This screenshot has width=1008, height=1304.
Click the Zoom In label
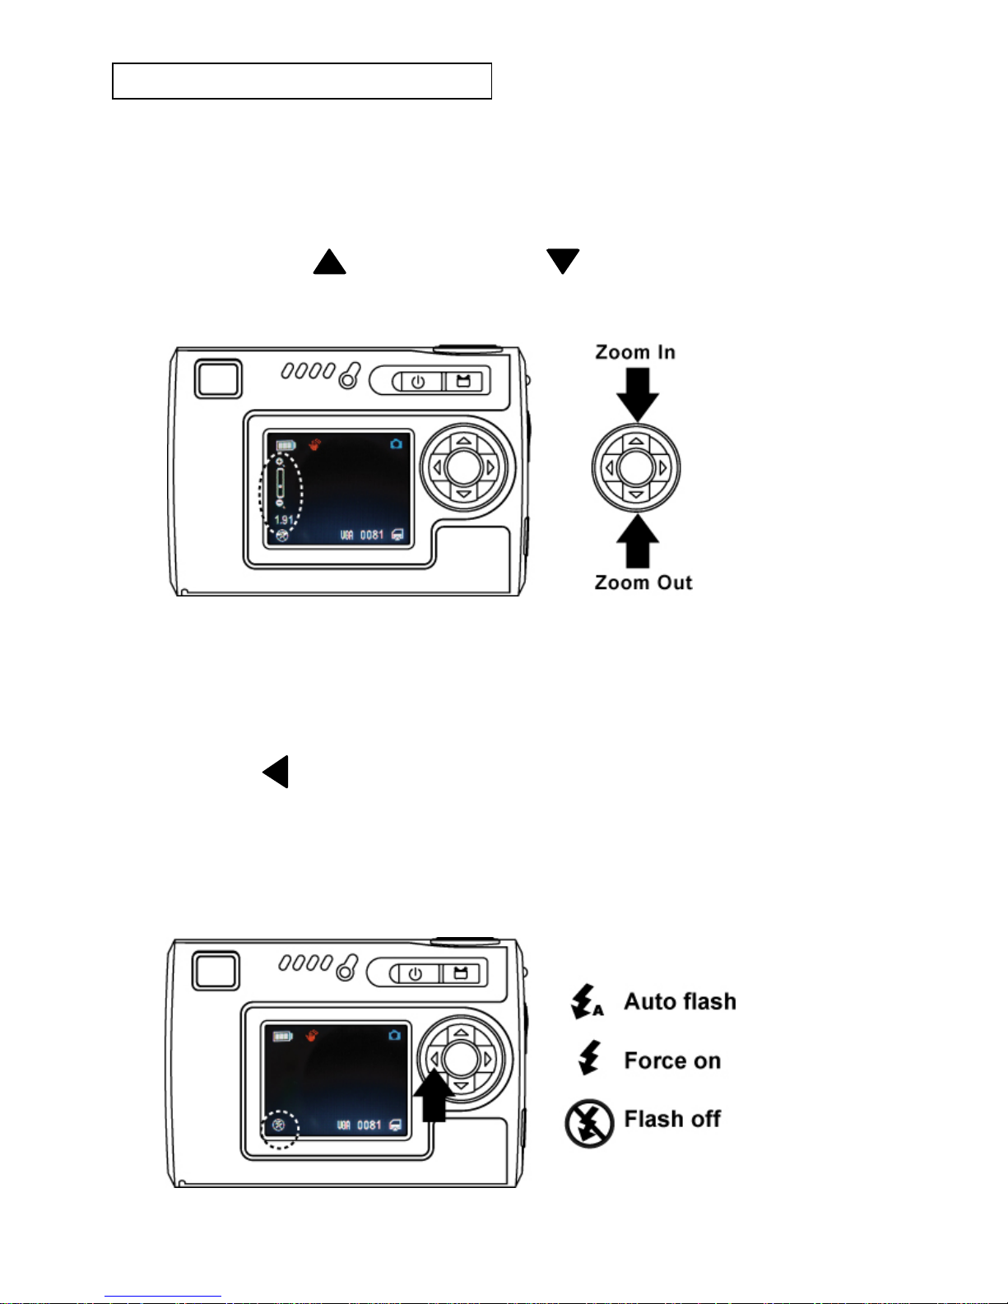pyautogui.click(x=635, y=352)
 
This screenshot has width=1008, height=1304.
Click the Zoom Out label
pyautogui.click(x=643, y=582)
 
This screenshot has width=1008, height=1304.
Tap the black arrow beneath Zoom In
pyautogui.click(x=638, y=394)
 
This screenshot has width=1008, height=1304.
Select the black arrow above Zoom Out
pyautogui.click(x=638, y=541)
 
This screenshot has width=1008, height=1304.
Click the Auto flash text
pyautogui.click(x=680, y=1001)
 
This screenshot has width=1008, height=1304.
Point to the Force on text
pyautogui.click(x=672, y=1060)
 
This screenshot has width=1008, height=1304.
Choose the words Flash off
pyautogui.click(x=672, y=1119)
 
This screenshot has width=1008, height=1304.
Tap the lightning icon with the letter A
pyautogui.click(x=587, y=1001)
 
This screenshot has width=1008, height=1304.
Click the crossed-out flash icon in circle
pyautogui.click(x=589, y=1124)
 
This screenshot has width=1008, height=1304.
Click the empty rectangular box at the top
pyautogui.click(x=302, y=81)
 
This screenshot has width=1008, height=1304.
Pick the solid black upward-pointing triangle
pyautogui.click(x=329, y=262)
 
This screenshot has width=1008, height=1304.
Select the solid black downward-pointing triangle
pyautogui.click(x=563, y=261)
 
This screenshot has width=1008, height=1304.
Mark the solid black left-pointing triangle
pyautogui.click(x=276, y=772)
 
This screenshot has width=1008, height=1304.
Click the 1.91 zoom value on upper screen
pyautogui.click(x=283, y=520)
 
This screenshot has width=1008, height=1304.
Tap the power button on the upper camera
pyautogui.click(x=418, y=382)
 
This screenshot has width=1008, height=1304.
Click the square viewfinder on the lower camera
pyautogui.click(x=216, y=971)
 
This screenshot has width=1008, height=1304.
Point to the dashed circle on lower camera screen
pyautogui.click(x=280, y=1128)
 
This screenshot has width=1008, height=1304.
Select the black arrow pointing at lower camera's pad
pyautogui.click(x=433, y=1097)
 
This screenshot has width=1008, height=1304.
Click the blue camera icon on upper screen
pyautogui.click(x=397, y=444)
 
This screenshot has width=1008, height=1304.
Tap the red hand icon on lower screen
pyautogui.click(x=312, y=1035)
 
